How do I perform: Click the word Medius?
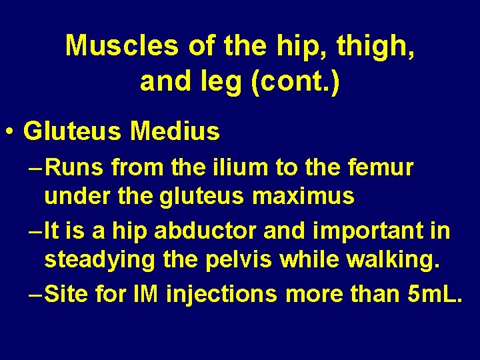tap(175, 131)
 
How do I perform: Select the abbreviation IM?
tap(145, 293)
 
